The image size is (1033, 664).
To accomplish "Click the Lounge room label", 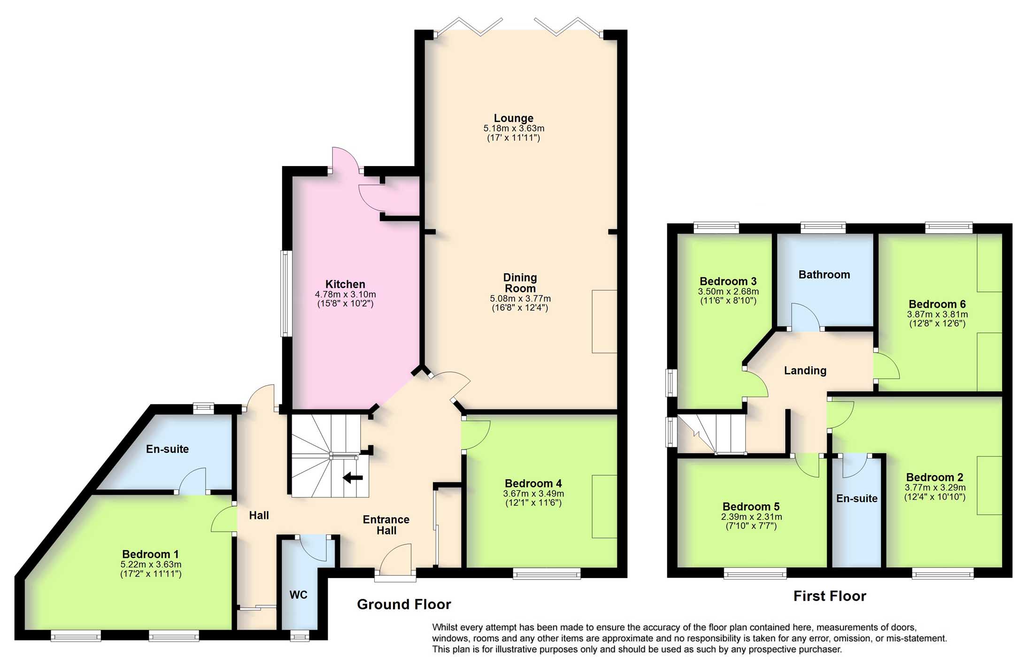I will point(513,118).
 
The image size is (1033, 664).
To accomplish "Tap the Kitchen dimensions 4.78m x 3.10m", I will point(345,295).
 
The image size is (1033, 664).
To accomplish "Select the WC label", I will point(299,595).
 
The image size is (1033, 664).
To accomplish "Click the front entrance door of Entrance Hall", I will point(395,559).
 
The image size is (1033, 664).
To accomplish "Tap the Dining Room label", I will point(520,283).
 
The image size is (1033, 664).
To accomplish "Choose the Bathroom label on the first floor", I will point(824,275).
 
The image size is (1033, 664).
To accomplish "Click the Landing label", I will point(805,371).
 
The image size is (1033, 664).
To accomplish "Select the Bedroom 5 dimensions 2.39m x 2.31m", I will point(751,517).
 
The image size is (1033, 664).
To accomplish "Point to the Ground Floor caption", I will point(404,604).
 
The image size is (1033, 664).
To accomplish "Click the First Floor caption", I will point(829,596).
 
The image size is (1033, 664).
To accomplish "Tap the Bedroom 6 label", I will point(937,304).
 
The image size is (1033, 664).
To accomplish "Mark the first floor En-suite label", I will point(856,499).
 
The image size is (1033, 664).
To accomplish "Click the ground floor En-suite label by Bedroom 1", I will point(167,449).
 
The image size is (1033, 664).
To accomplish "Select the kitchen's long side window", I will point(286,294).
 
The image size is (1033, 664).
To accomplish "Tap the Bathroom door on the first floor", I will point(805,317).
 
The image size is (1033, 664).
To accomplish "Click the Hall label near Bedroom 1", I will point(259,516).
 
